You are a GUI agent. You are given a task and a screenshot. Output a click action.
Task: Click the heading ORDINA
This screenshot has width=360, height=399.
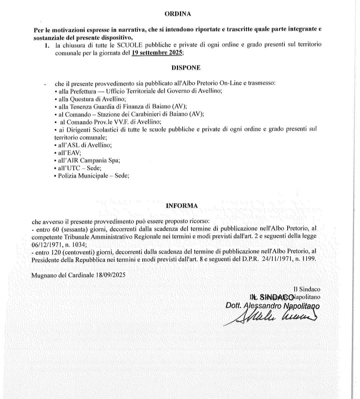coord(178,14)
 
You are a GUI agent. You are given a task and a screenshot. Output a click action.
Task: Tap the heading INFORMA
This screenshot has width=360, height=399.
coord(182,206)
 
